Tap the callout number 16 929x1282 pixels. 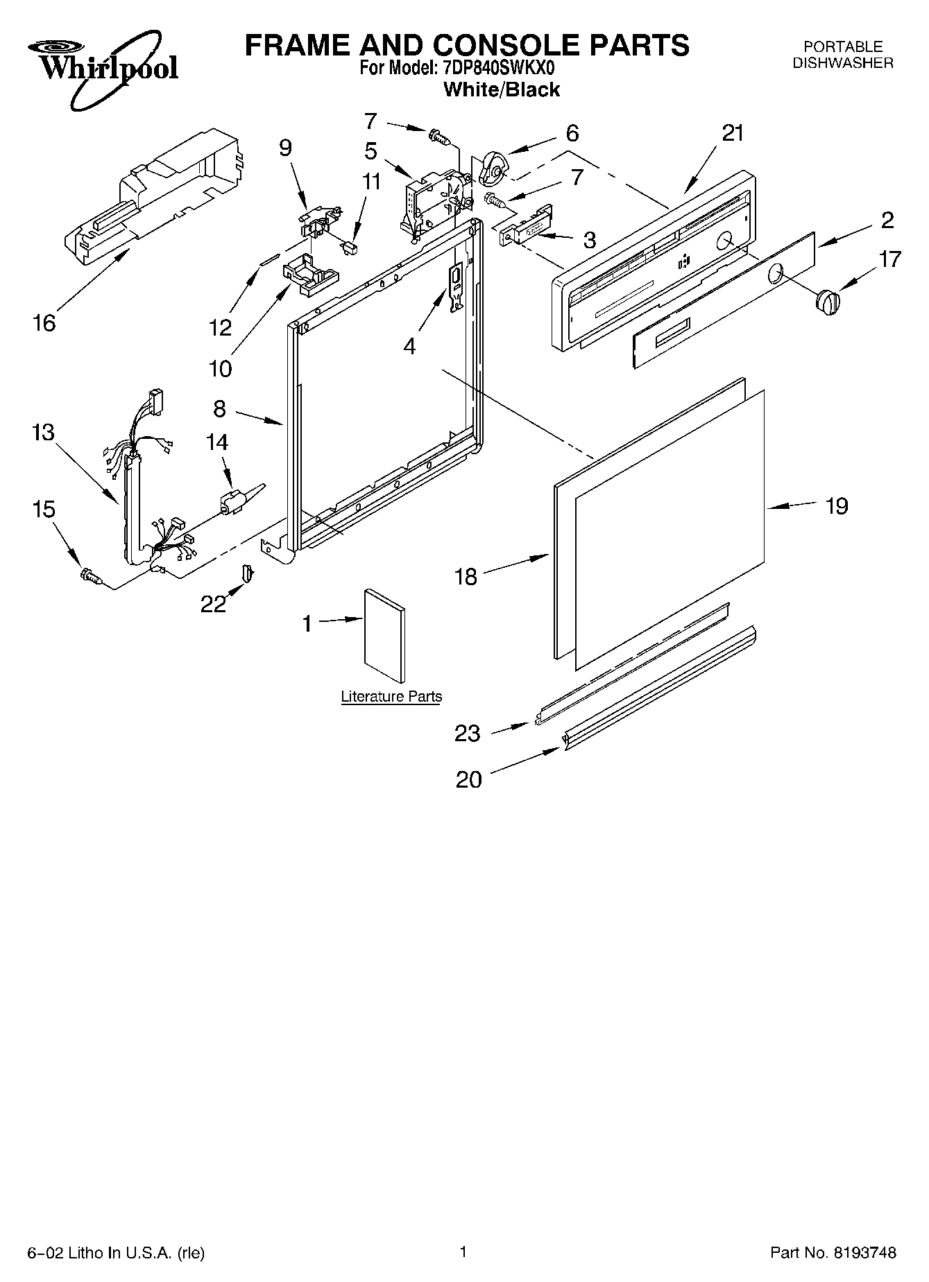[44, 322]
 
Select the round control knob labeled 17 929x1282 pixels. [827, 303]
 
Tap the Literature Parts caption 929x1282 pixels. [391, 696]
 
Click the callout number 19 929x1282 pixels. [837, 506]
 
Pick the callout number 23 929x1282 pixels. [467, 733]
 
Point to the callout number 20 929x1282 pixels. [469, 779]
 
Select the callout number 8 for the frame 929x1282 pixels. [219, 409]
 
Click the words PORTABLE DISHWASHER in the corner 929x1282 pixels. [843, 55]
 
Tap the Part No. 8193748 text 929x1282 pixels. [833, 1253]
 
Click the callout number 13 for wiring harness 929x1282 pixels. [42, 433]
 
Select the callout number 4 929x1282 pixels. [410, 345]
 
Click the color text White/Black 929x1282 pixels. [501, 89]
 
